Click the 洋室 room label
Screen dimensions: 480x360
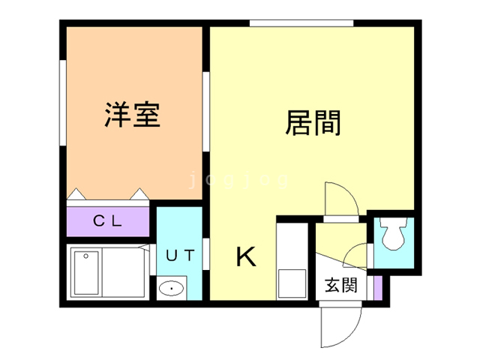(132, 114)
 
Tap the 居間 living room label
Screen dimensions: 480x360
(313, 122)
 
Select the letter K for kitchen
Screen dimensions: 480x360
(246, 256)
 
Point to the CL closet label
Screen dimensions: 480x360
(107, 220)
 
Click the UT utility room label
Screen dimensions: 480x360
(180, 255)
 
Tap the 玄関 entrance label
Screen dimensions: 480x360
(341, 285)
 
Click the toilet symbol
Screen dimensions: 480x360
(394, 233)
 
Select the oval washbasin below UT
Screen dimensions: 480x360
(172, 288)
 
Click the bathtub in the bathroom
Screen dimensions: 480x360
(86, 273)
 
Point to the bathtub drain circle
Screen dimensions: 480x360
(86, 256)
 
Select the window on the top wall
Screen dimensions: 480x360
(301, 23)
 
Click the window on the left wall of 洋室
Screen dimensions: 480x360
(63, 103)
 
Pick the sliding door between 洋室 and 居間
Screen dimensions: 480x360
(206, 112)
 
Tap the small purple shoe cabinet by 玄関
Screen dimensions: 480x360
(378, 288)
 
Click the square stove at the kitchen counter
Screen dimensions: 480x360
(292, 283)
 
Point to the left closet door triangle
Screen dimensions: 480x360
(76, 194)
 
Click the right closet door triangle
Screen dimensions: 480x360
(140, 194)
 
